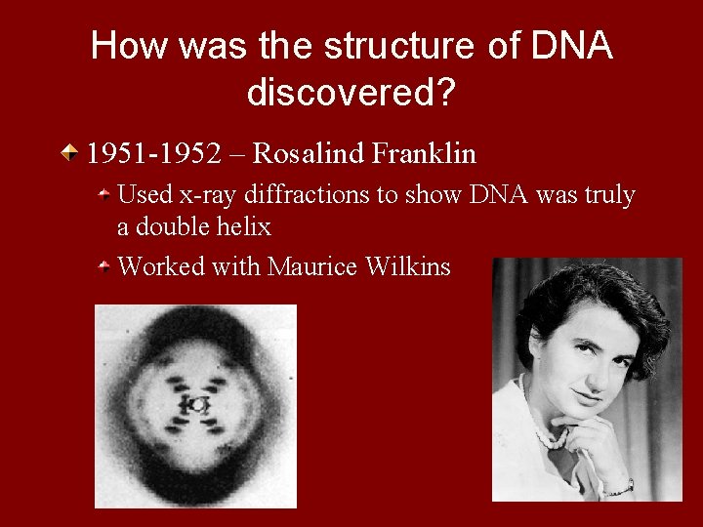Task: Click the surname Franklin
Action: (427, 153)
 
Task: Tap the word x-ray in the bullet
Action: (206, 195)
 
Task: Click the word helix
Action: (244, 228)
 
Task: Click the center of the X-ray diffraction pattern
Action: (195, 404)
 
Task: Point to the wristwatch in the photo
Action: (622, 487)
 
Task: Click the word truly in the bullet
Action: (609, 195)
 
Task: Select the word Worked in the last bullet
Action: (157, 265)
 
